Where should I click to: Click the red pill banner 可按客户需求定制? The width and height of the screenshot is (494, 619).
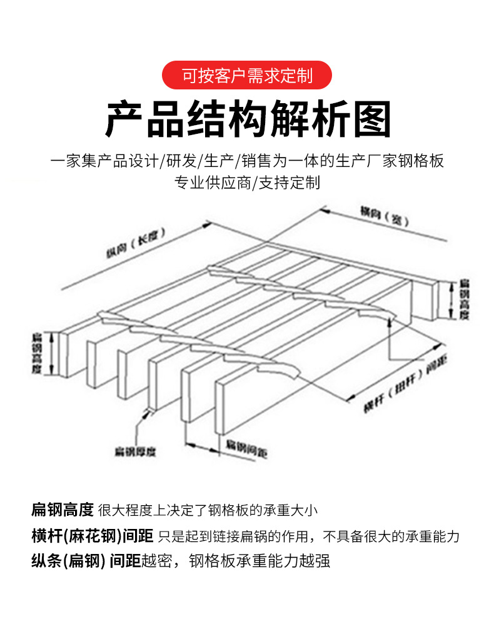[246, 76]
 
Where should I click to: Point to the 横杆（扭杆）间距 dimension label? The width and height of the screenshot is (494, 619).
[400, 384]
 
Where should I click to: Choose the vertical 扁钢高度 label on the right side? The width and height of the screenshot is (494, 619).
[463, 299]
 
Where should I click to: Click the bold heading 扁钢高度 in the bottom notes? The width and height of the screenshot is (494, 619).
[63, 510]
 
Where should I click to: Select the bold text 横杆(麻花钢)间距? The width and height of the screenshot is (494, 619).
[93, 535]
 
